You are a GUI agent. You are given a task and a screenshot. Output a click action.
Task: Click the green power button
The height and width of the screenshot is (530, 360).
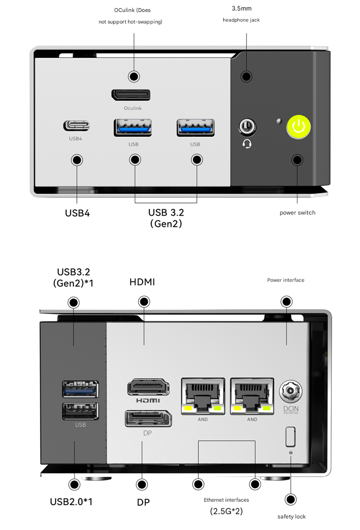[299, 127]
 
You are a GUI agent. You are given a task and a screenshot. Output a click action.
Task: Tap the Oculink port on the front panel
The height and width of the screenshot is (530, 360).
[131, 95]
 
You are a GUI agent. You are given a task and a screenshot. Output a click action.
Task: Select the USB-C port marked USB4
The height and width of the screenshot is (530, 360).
[76, 126]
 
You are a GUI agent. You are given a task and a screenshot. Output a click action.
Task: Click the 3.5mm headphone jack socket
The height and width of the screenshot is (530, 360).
[246, 127]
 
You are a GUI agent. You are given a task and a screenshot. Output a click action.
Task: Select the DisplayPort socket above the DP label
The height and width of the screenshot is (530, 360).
[148, 418]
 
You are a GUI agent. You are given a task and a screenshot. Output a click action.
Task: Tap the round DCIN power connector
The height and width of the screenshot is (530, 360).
[291, 392]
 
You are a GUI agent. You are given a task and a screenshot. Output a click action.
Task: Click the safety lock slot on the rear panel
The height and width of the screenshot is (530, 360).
[290, 436]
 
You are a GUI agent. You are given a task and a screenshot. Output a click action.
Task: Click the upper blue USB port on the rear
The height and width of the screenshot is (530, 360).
[80, 389]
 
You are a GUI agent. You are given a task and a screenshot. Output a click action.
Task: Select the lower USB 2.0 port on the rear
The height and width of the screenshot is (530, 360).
[80, 411]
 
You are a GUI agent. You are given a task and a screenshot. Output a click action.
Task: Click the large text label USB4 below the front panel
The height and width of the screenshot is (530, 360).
[77, 213]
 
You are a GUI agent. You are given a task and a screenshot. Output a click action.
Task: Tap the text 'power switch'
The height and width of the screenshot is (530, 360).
[298, 213]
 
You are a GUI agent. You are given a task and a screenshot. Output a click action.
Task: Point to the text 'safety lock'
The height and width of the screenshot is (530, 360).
[291, 517]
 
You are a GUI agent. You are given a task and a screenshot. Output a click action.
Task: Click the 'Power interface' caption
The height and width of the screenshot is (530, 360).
[286, 280]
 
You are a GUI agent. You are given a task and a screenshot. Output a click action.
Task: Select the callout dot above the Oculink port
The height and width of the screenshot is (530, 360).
[134, 76]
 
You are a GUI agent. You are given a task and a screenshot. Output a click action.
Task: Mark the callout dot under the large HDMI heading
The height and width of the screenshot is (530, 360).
[144, 302]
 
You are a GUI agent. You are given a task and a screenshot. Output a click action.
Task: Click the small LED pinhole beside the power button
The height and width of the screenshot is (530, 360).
[278, 120]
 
